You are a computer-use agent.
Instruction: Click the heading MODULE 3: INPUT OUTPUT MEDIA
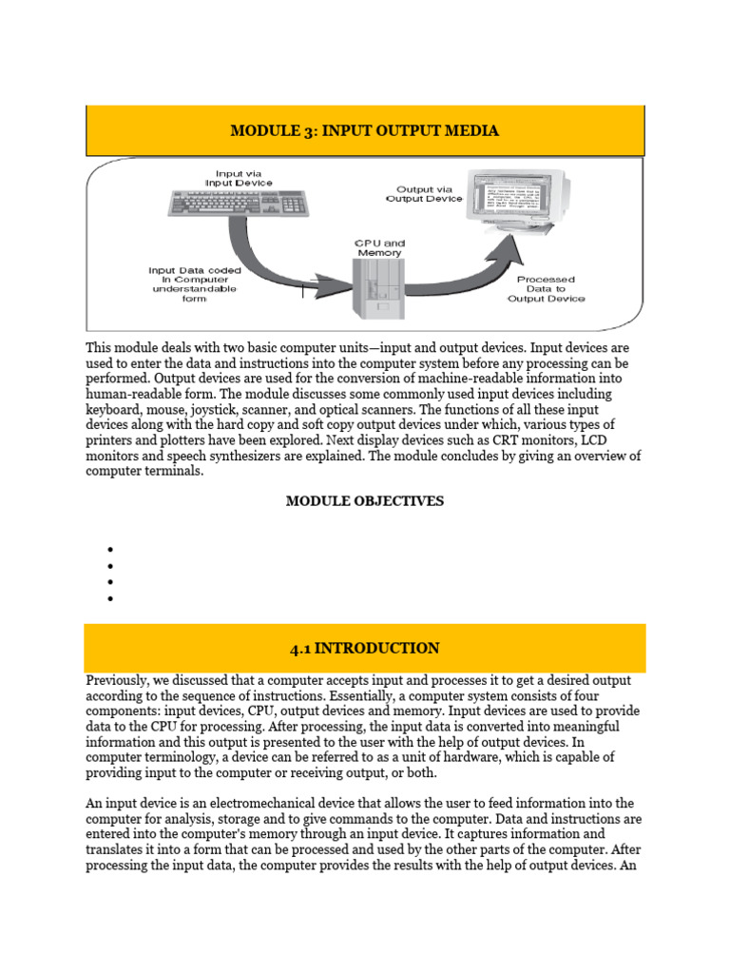point(365,130)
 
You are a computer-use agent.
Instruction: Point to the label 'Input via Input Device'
point(243,177)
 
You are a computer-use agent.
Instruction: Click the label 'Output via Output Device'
point(424,194)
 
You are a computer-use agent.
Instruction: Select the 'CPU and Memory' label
point(379,247)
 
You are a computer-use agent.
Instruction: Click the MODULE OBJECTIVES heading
point(365,501)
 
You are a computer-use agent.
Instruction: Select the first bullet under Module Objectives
point(111,550)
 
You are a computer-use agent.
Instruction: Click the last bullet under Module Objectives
point(111,599)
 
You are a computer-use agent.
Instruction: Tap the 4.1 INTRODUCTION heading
point(365,649)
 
